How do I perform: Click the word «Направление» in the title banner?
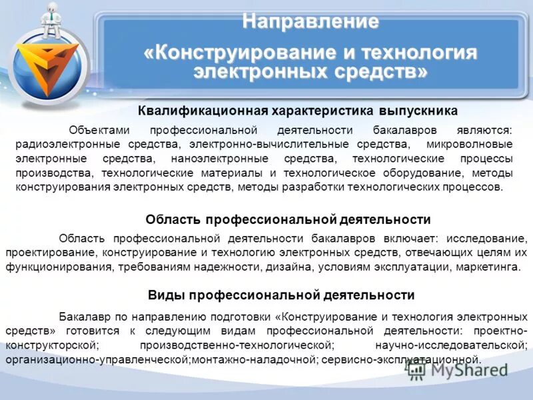coord(310,22)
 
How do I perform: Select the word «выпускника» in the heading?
coord(418,111)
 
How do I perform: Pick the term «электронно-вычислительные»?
coord(259,144)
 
